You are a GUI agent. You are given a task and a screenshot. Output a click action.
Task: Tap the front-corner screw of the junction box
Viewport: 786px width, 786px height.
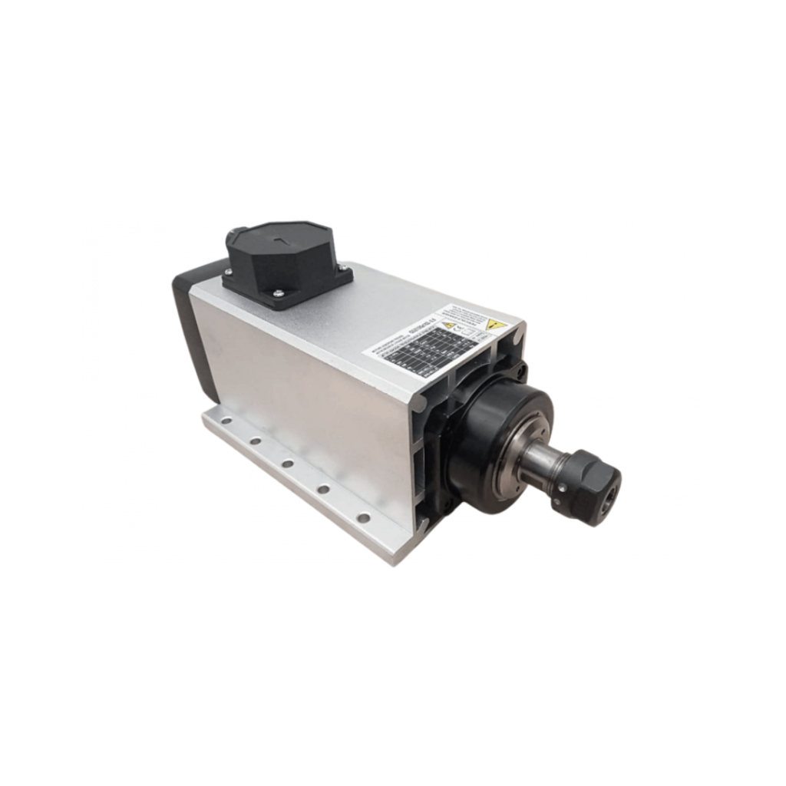(278, 292)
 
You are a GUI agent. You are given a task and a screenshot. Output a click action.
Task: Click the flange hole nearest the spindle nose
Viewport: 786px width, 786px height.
(363, 518)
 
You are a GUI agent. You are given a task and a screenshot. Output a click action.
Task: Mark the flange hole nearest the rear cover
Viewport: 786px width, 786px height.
(224, 421)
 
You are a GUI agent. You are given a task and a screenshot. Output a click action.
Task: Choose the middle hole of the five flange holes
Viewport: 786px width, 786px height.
(287, 464)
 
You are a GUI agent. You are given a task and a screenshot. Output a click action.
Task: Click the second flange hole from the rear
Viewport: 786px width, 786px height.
(254, 441)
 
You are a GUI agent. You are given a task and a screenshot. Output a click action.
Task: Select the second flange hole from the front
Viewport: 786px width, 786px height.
(323, 489)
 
